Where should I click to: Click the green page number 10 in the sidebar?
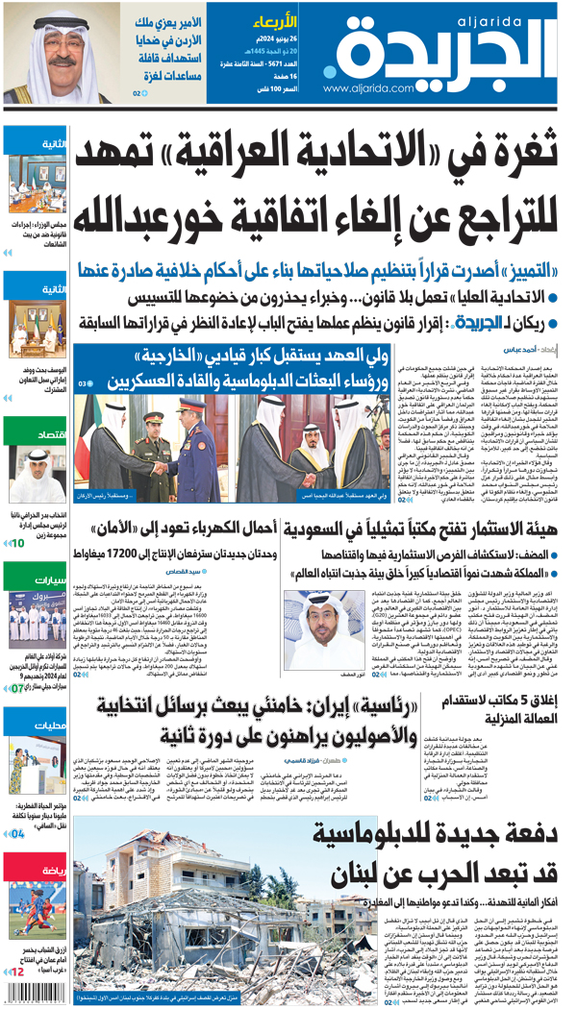tap(18, 543)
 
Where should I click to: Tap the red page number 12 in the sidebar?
tap(18, 972)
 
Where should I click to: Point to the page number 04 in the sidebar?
tap(18, 834)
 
